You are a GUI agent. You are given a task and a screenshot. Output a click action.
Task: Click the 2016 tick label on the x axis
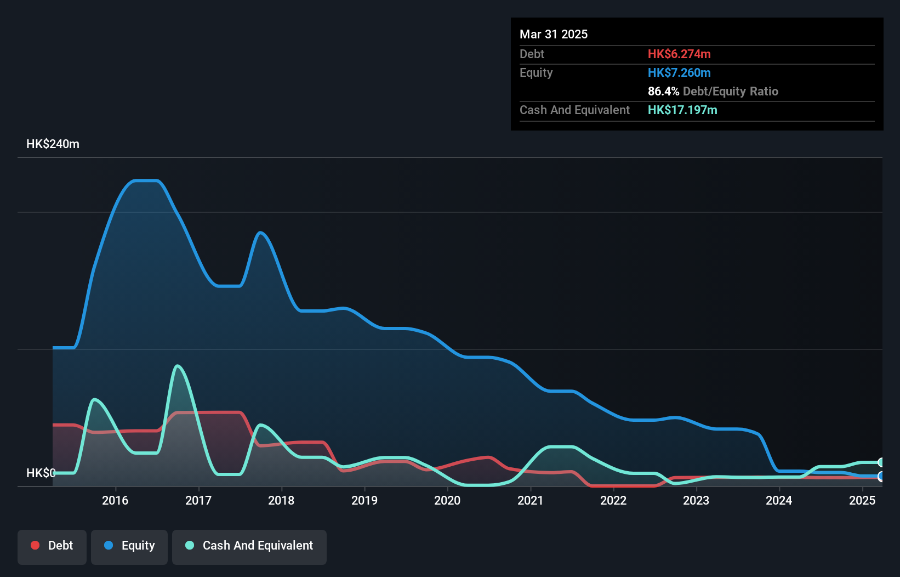pos(115,500)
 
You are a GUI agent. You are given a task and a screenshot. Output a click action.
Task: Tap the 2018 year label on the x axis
pos(281,500)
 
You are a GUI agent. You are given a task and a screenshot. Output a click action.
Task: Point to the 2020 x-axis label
pos(447,500)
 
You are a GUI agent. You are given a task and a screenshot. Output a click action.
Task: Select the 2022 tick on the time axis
pos(613,500)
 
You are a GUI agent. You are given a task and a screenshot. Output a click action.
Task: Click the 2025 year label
pos(862,500)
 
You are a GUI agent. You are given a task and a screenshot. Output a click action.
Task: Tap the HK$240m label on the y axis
pos(53,144)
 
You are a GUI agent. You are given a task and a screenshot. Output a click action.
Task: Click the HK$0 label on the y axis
pos(41,473)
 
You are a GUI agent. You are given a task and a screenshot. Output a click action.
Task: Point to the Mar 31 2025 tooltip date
pos(554,35)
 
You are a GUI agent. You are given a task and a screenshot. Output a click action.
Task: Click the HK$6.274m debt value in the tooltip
pos(679,54)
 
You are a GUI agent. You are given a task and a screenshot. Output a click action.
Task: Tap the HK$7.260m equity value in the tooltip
pos(679,73)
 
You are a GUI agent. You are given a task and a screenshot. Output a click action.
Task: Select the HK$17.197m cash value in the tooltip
pos(682,110)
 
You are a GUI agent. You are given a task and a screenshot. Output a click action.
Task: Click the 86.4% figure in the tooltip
pos(663,92)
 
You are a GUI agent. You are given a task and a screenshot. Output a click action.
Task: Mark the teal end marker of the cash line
pos(881,462)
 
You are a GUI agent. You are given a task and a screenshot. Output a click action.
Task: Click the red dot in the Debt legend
pos(35,545)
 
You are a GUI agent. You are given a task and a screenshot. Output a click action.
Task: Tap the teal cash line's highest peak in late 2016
pos(177,366)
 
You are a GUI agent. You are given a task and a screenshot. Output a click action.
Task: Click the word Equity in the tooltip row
pos(536,73)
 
